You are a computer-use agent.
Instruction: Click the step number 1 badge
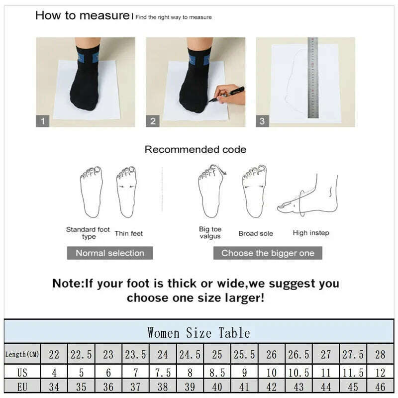[x=42, y=121]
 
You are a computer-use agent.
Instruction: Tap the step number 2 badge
[x=153, y=121]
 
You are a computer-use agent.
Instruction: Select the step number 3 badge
[x=263, y=121]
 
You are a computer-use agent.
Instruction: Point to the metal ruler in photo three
[x=313, y=78]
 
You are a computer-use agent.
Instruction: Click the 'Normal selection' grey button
[x=110, y=253]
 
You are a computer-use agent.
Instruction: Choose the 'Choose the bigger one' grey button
[x=268, y=253]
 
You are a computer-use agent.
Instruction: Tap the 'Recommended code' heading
[x=195, y=149]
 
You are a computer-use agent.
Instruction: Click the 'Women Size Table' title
[x=199, y=332]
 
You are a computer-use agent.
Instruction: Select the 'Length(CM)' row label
[x=22, y=354]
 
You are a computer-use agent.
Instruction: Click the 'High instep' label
[x=311, y=233]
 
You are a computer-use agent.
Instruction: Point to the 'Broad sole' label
[x=256, y=233]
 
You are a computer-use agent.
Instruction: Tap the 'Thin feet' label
[x=128, y=233]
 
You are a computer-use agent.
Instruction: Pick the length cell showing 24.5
[x=190, y=354]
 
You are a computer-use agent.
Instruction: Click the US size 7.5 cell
[x=163, y=372]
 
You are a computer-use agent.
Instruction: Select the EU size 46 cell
[x=380, y=386]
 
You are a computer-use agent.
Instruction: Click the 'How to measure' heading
[x=82, y=15]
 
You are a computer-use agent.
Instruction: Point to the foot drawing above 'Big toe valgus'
[x=210, y=192]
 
